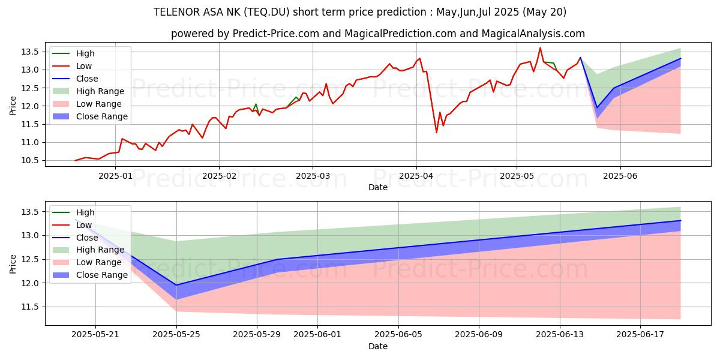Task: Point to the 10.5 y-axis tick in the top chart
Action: [33, 161]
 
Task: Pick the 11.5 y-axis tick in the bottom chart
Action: [33, 307]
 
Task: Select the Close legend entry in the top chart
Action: [87, 79]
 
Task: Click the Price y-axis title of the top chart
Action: [13, 106]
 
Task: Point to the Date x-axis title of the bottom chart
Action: [378, 346]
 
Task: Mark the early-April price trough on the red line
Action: [436, 132]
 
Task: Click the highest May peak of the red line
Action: [540, 48]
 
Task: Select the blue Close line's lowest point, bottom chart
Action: [176, 285]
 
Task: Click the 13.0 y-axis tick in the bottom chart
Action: [33, 236]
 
